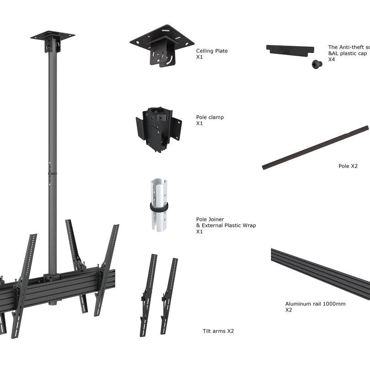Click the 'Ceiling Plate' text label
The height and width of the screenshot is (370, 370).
pos(211,51)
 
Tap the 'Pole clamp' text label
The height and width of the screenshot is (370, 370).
pos(210,117)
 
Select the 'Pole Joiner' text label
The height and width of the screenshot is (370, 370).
pos(210,219)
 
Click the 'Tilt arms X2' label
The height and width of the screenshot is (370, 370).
pos(218,331)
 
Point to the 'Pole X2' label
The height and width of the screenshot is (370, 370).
pos(348,166)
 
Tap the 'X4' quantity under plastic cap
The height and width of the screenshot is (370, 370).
pos(332,59)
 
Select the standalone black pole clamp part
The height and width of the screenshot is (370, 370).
pos(158,128)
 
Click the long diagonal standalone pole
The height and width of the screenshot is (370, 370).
pos(315,147)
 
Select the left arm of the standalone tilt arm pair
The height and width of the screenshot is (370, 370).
pos(148,295)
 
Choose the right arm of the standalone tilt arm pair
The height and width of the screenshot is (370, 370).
pos(169,296)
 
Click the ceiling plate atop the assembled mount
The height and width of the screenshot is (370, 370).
pos(53,35)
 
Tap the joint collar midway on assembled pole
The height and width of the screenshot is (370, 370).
pos(53,173)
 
